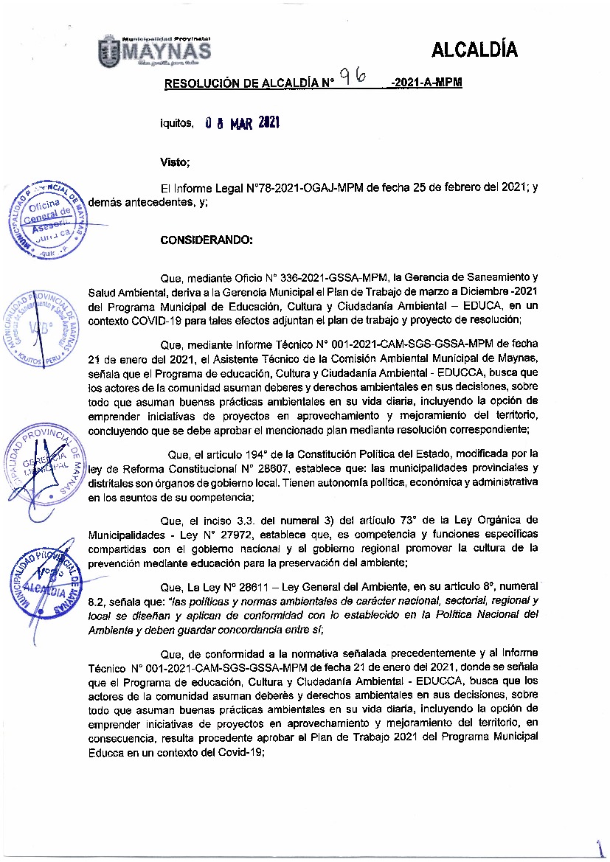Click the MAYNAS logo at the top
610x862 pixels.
coord(154,50)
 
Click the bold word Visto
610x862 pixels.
coord(175,161)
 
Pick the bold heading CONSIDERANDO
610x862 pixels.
coord(207,240)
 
